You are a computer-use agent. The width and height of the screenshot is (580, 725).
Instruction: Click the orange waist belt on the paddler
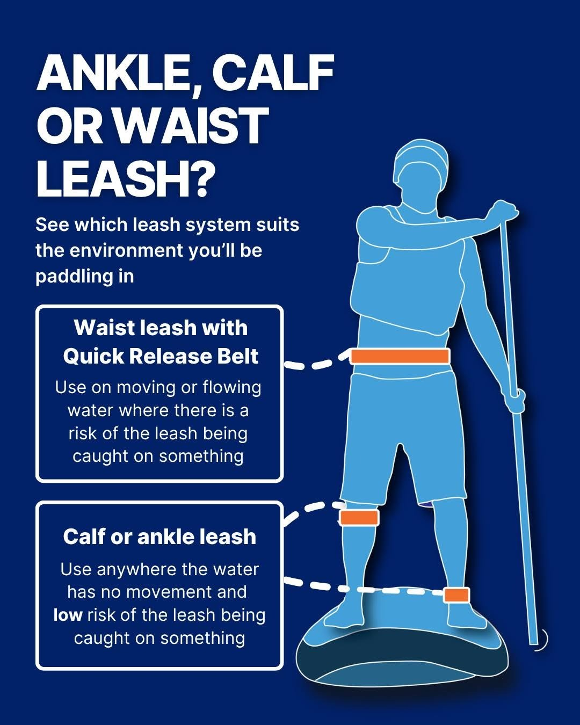[x=400, y=357]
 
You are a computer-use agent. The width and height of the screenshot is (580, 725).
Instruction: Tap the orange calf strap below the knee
[x=359, y=518]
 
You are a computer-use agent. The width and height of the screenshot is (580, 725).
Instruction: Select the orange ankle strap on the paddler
[x=456, y=595]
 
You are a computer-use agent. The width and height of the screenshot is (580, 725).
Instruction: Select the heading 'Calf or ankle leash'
[x=160, y=536]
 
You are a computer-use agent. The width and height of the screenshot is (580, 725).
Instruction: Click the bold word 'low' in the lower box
[x=68, y=615]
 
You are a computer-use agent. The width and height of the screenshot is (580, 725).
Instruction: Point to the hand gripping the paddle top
[x=504, y=211]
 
